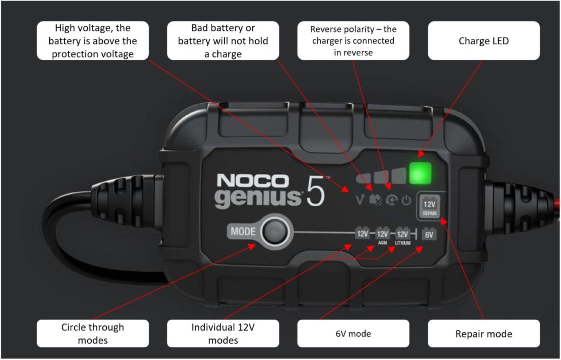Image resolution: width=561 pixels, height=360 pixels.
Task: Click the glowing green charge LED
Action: pos(420,173)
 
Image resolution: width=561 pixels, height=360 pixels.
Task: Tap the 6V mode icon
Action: pos(429,234)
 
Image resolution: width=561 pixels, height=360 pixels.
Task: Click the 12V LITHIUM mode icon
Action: pos(402,234)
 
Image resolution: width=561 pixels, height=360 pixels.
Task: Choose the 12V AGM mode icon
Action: pos(382,234)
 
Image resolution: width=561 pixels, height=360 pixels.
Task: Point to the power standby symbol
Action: pos(406,200)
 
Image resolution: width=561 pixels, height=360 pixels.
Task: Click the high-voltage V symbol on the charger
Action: pos(360,200)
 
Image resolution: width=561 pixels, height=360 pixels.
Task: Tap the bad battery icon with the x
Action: pos(375,200)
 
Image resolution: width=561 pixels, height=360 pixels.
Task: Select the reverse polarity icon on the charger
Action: pos(391,200)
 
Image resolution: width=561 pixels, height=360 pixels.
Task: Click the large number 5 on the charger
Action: pos(315,191)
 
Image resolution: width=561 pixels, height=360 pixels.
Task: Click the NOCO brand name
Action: pos(252,181)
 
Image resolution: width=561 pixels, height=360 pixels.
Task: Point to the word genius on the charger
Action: pos(258,198)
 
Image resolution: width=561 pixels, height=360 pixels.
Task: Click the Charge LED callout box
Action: pos(483,41)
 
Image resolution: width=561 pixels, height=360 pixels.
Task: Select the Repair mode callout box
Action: pos(483,334)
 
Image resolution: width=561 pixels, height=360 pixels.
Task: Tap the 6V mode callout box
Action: pos(353,334)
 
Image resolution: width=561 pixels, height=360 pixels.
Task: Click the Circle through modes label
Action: pos(92,334)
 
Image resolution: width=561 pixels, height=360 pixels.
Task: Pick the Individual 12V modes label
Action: pos(223,334)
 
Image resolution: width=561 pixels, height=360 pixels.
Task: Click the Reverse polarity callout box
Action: pos(353,41)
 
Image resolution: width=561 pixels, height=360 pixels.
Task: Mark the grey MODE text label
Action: pos(243,231)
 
